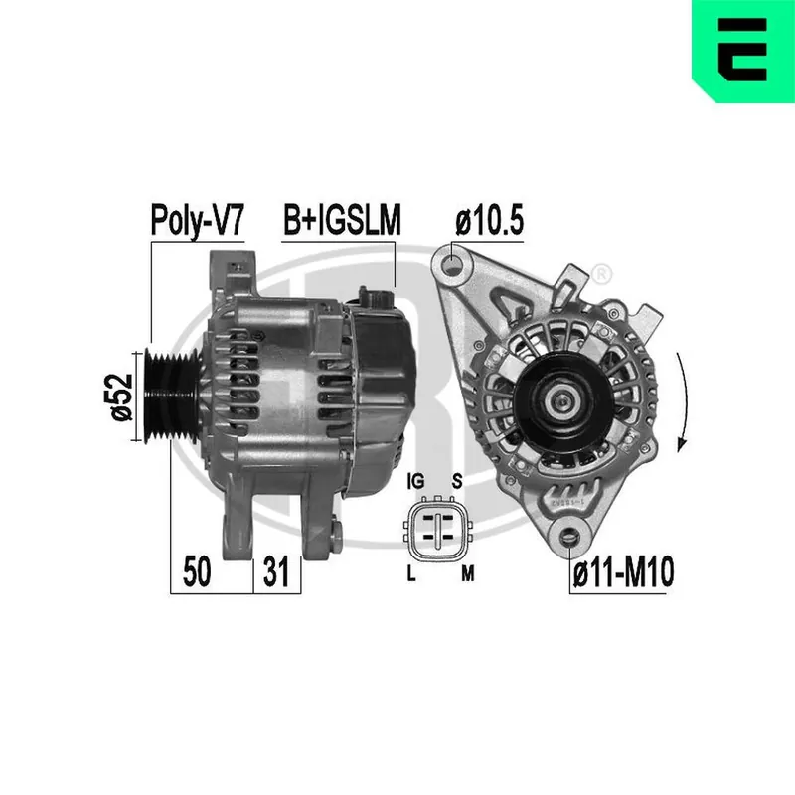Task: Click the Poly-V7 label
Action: coord(197,220)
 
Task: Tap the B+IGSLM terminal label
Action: coord(342,220)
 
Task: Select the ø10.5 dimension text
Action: coord(489,220)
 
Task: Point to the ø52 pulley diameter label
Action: coord(121,397)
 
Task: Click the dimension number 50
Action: coord(197,571)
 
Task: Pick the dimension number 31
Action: coord(276,571)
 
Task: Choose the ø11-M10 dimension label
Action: coord(623,571)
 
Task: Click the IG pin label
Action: coord(415,481)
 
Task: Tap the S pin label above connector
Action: coord(457,481)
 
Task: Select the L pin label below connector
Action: coord(411,574)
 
